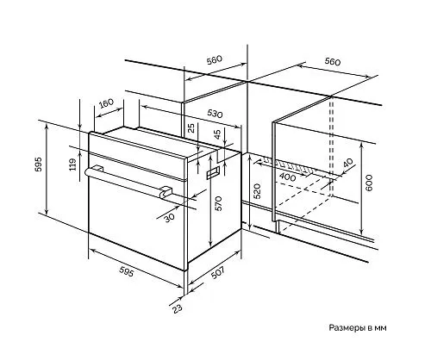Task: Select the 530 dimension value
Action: click(215, 114)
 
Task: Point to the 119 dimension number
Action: click(72, 164)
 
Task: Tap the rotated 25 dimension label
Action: click(191, 127)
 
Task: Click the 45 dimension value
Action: click(217, 134)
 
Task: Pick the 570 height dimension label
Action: click(219, 203)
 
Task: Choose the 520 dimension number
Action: click(257, 191)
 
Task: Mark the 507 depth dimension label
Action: click(217, 272)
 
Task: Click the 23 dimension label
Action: click(178, 308)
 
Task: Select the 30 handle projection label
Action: click(170, 218)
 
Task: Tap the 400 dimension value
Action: click(287, 177)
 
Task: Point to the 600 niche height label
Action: click(369, 183)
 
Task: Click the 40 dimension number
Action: click(348, 163)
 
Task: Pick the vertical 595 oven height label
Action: click(38, 164)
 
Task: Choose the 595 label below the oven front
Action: click(127, 271)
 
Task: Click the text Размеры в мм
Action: click(358, 327)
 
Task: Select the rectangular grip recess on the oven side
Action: click(213, 173)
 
